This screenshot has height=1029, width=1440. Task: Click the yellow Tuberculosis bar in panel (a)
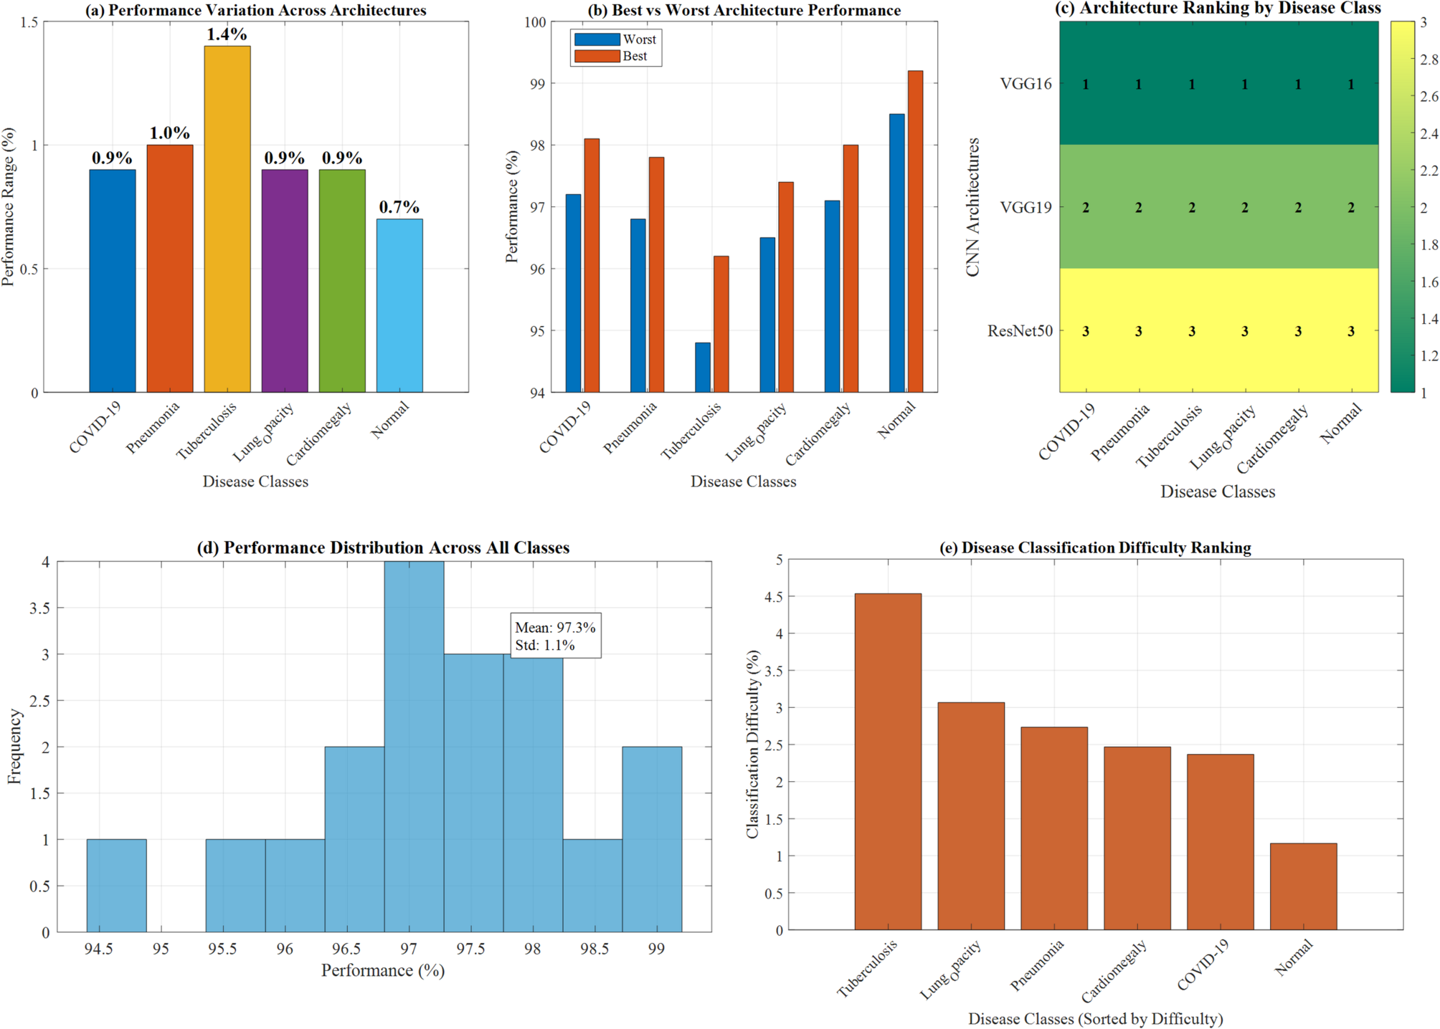[227, 219]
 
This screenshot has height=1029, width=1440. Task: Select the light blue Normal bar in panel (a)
[399, 305]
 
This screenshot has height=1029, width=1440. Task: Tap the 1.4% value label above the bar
[227, 34]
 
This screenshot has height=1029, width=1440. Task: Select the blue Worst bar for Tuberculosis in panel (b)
[703, 367]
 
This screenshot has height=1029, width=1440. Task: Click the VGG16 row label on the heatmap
[1025, 84]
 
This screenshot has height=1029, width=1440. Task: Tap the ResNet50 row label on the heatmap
[1020, 331]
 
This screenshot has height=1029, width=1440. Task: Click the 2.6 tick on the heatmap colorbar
[1429, 97]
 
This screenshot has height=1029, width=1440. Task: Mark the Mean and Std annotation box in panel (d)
[555, 636]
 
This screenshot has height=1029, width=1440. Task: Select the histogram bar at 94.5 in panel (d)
[116, 885]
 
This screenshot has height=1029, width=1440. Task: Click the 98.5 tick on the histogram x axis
[595, 949]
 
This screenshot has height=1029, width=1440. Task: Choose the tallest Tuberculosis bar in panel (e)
[888, 761]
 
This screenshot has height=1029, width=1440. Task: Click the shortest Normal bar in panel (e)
[1303, 886]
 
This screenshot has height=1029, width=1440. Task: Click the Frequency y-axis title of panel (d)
[14, 746]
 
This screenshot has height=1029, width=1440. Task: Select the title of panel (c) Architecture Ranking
[1218, 9]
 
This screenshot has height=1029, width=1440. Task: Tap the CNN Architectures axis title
[972, 207]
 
